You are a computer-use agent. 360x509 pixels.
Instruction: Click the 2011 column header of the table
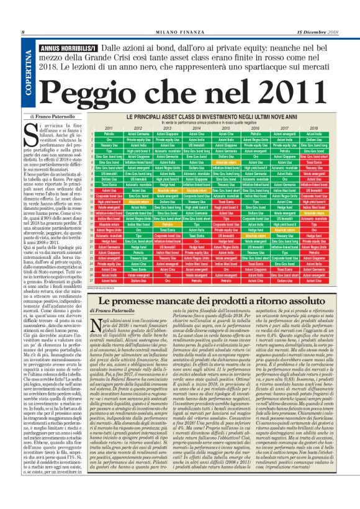click(x=109, y=128)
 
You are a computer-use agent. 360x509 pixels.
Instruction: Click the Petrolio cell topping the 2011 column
click(x=109, y=134)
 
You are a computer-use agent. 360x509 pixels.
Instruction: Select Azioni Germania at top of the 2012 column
click(x=140, y=134)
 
